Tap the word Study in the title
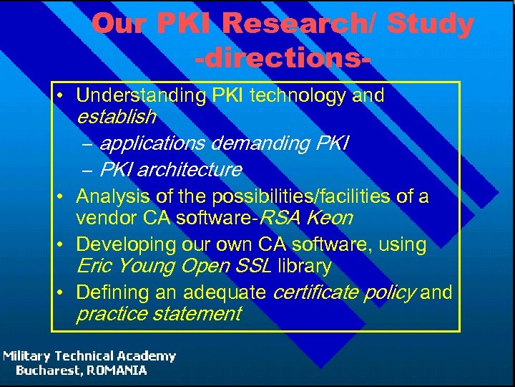(430, 24)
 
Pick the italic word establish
(116, 115)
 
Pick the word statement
(198, 314)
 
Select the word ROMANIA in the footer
(117, 371)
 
